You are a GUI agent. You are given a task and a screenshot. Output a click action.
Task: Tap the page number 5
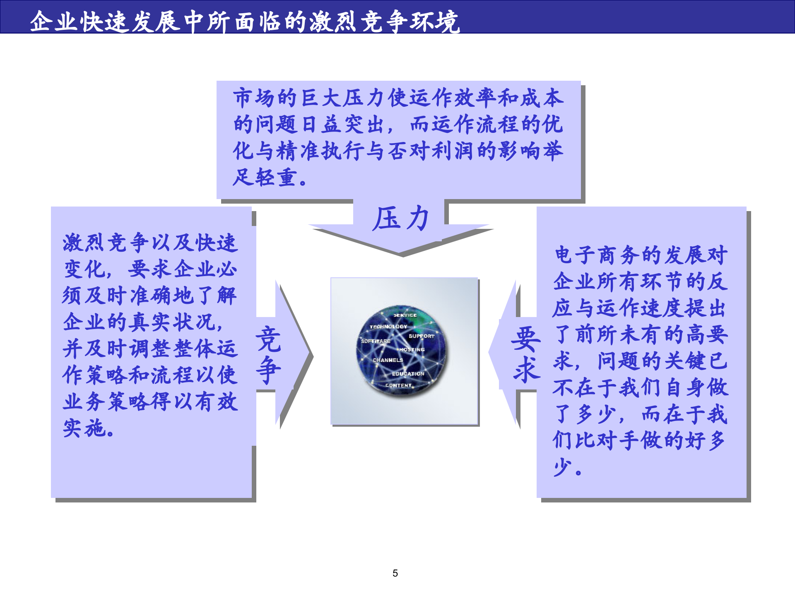[x=395, y=573]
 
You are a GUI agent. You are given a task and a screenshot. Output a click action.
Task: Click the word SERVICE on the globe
[x=405, y=315]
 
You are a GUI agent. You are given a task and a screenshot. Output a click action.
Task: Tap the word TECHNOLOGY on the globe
[x=388, y=327]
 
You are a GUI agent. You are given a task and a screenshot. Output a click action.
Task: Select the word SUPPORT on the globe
[x=422, y=336]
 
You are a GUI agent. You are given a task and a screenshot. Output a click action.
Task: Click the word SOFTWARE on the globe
[x=376, y=341]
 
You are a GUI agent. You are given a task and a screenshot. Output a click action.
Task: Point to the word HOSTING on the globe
[x=412, y=350]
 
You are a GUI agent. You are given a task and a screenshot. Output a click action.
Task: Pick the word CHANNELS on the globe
[x=388, y=360]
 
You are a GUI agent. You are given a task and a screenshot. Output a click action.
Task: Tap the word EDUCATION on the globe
[x=408, y=374]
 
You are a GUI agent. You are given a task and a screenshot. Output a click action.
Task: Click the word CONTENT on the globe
[x=398, y=385]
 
